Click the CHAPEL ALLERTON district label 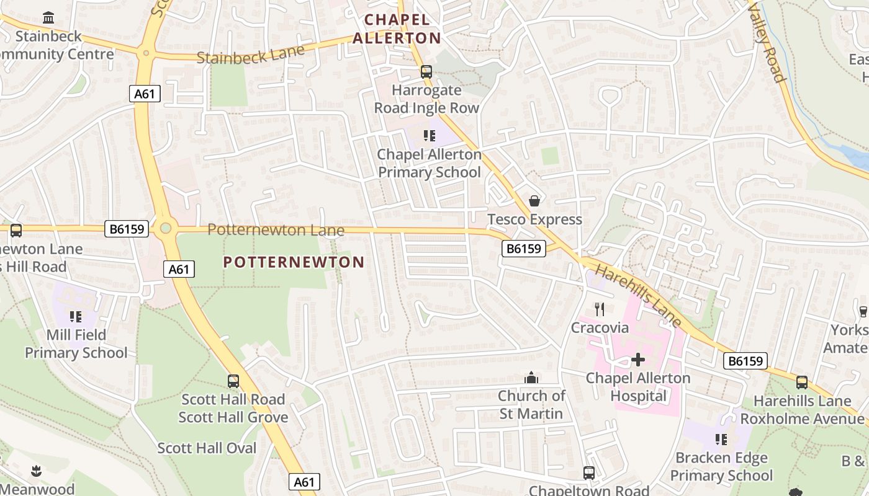coord(397,29)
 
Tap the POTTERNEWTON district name coord(294,262)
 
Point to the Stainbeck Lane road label coord(251,54)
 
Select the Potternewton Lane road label coord(276,230)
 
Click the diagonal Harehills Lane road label coord(639,296)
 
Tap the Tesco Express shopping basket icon coord(534,201)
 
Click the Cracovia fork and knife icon coord(600,309)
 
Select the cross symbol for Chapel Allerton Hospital coord(637,360)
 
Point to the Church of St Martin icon coord(531,378)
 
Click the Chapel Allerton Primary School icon coord(429,135)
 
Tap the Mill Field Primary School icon coord(76,317)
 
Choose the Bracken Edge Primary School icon coord(721,440)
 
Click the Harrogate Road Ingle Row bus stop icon coord(426,71)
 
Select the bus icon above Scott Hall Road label coord(233,381)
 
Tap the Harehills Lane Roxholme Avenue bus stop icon coord(802,383)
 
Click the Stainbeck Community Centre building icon coord(48,17)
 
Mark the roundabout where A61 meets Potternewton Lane coord(165,228)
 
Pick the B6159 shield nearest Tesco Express coord(523,249)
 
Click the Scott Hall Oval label coord(207,448)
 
